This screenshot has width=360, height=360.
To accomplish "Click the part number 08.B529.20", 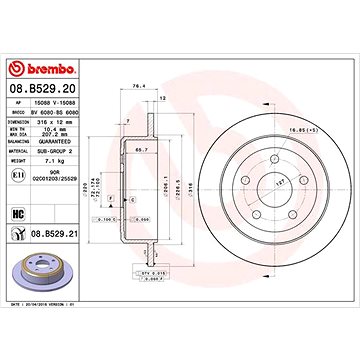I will click(x=38, y=90).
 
